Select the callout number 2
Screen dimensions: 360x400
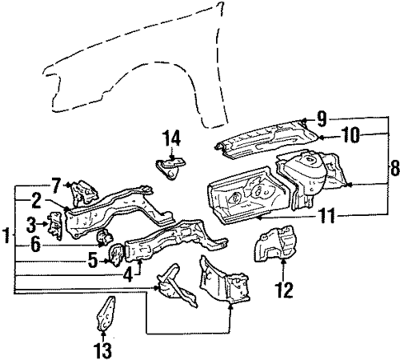37,199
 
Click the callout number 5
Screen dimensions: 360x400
92,262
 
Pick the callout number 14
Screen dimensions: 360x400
171,138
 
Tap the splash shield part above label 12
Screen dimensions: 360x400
276,246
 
